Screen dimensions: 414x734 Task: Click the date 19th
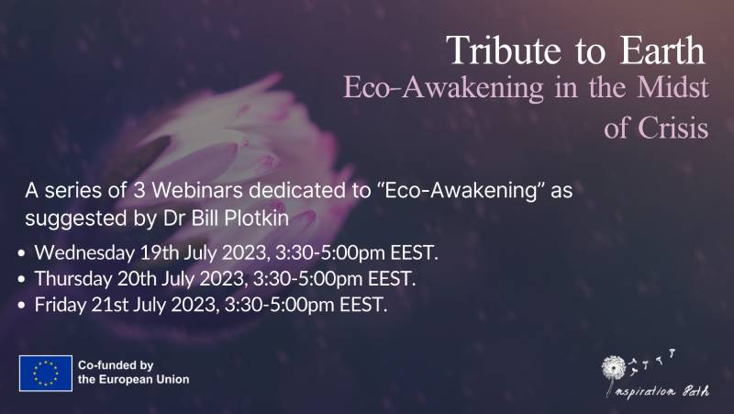click(150, 252)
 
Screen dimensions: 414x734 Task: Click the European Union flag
click(46, 372)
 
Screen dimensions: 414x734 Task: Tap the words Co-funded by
click(115, 364)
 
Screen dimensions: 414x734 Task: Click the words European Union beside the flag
click(145, 379)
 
